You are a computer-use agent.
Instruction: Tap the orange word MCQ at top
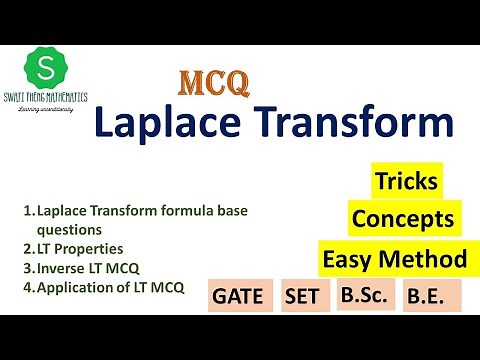pos(213,84)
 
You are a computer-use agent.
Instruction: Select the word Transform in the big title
pos(355,125)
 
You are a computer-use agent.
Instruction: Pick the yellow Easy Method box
pos(394,259)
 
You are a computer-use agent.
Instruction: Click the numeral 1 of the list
pos(26,211)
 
